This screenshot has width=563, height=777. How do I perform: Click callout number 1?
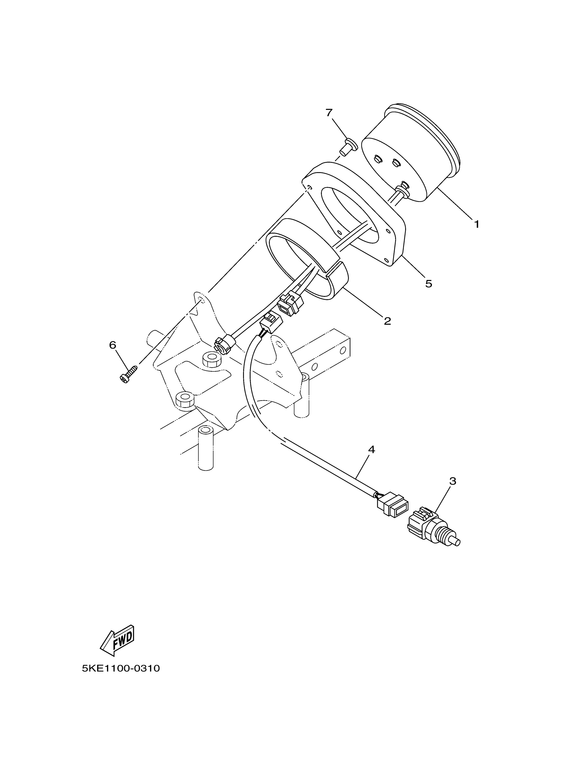pyautogui.click(x=476, y=224)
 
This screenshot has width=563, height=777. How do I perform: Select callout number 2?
pyautogui.click(x=387, y=321)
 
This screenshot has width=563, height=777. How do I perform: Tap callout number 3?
pyautogui.click(x=453, y=481)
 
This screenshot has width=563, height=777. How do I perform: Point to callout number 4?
pyautogui.click(x=372, y=450)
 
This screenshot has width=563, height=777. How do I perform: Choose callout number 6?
pyautogui.click(x=113, y=345)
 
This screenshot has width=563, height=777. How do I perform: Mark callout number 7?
pyautogui.click(x=329, y=112)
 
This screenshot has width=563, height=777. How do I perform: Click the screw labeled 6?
pyautogui.click(x=128, y=374)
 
